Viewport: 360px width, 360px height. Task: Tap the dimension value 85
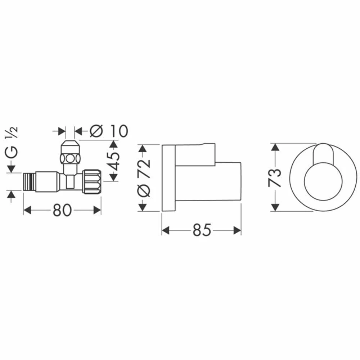tap(201, 231)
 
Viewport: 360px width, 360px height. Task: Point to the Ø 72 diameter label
tap(144, 177)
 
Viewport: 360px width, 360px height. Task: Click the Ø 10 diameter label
tap(109, 131)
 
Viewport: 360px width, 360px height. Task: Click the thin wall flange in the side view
tap(168, 178)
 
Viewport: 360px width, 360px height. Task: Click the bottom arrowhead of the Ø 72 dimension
tap(143, 207)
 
